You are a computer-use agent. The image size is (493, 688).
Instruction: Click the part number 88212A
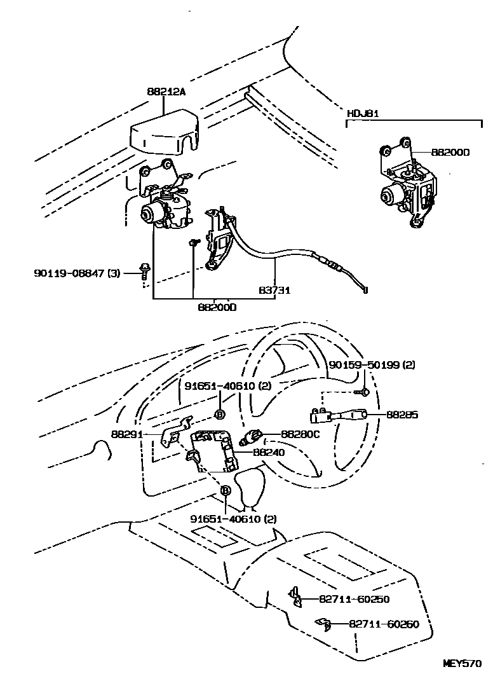pyautogui.click(x=166, y=92)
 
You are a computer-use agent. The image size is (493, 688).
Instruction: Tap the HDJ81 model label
pyautogui.click(x=363, y=114)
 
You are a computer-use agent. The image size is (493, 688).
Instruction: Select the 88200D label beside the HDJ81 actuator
pyautogui.click(x=450, y=153)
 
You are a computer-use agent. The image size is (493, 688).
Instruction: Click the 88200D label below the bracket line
pyautogui.click(x=217, y=307)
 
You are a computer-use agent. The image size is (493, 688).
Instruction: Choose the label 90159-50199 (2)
pyautogui.click(x=372, y=365)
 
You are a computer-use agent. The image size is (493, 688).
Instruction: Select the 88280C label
pyautogui.click(x=300, y=435)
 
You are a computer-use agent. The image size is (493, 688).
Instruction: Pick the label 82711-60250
pyautogui.click(x=354, y=599)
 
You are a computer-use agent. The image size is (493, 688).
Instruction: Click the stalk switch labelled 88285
pyautogui.click(x=340, y=415)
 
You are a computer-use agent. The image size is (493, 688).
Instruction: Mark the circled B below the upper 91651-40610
pyautogui.click(x=219, y=415)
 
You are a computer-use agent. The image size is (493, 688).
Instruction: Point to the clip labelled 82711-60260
pyautogui.click(x=323, y=624)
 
